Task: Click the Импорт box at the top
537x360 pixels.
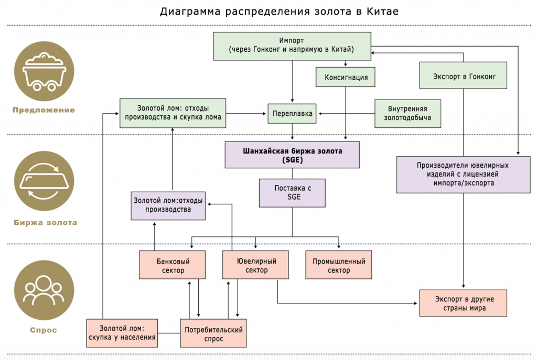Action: point(292,46)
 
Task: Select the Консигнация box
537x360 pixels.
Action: point(345,77)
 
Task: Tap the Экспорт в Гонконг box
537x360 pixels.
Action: point(463,75)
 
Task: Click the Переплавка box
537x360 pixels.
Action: point(292,114)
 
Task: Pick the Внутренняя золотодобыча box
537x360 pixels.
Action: point(407,114)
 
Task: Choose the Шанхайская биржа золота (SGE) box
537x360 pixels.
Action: point(292,155)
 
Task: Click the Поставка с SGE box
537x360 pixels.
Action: point(292,193)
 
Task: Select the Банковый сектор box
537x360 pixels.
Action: point(172,265)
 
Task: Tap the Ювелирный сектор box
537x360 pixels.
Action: point(255,265)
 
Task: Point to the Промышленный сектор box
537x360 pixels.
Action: point(339,265)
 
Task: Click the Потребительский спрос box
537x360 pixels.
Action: point(213,333)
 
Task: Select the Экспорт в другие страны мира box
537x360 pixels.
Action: point(463,303)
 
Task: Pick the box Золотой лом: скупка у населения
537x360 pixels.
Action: point(122,333)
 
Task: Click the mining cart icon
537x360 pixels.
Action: point(44,71)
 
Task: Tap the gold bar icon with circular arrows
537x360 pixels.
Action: point(44,181)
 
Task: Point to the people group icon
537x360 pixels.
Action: point(44,290)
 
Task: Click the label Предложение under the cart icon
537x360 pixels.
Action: point(44,110)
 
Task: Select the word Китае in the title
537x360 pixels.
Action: point(382,12)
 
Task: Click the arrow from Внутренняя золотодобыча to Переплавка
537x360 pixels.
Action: point(347,114)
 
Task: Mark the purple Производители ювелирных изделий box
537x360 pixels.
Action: point(463,174)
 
